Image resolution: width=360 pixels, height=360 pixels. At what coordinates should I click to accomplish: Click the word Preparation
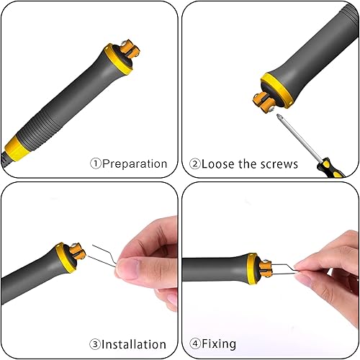pyautogui.click(x=135, y=164)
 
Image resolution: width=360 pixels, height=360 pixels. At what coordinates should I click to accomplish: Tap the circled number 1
pyautogui.click(x=96, y=163)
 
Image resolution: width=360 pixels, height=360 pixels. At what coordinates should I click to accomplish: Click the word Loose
pyautogui.click(x=217, y=164)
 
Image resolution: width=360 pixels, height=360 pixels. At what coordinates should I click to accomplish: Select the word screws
pyautogui.click(x=279, y=164)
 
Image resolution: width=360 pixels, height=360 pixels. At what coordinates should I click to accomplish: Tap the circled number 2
pyautogui.click(x=195, y=164)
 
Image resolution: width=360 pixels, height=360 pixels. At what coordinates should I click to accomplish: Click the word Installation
pyautogui.click(x=134, y=344)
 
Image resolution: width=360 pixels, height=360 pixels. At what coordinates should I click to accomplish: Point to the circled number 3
pyautogui.click(x=95, y=344)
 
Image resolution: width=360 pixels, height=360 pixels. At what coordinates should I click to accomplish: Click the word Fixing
pyautogui.click(x=219, y=344)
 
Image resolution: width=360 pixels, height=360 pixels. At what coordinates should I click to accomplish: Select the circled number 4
pyautogui.click(x=195, y=343)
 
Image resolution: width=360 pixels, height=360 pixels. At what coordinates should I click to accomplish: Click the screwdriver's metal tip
pyautogui.click(x=279, y=117)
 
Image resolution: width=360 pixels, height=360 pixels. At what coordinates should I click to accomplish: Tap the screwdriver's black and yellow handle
pyautogui.click(x=331, y=168)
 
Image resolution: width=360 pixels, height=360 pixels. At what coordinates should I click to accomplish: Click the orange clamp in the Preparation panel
pyautogui.click(x=129, y=50)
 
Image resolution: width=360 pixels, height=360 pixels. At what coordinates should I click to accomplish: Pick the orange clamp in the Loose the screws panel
pyautogui.click(x=263, y=102)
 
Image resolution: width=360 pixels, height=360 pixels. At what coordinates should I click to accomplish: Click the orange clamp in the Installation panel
pyautogui.click(x=77, y=251)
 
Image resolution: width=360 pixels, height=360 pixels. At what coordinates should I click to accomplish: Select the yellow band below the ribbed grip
pyautogui.click(x=17, y=149)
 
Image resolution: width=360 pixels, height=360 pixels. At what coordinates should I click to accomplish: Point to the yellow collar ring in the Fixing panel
pyautogui.click(x=252, y=269)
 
